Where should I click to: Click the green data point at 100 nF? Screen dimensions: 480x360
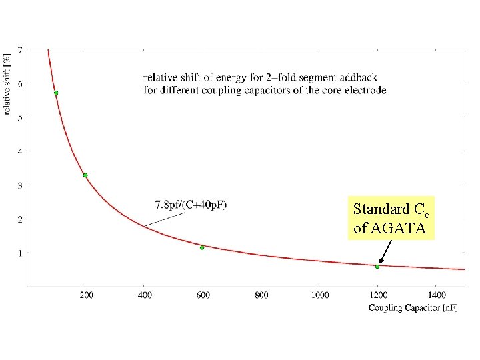(x=56, y=93)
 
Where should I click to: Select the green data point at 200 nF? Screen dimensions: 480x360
(x=85, y=175)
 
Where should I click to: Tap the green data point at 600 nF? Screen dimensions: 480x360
(x=202, y=247)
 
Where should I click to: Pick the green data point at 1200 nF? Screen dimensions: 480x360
(x=377, y=267)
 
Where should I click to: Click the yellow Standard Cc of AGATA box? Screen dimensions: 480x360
(x=391, y=217)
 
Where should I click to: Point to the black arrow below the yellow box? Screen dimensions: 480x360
(x=385, y=251)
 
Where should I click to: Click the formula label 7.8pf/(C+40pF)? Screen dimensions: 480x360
(x=191, y=205)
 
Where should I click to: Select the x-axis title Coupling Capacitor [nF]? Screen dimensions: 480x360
(x=413, y=307)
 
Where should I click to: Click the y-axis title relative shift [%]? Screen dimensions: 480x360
(x=7, y=84)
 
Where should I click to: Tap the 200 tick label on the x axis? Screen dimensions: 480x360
(x=87, y=295)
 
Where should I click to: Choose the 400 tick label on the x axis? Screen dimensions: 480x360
(x=145, y=295)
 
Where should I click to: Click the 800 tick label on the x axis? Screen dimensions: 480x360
(x=261, y=295)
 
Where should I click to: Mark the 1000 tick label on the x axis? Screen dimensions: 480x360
(x=320, y=295)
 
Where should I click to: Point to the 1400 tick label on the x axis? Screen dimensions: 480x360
(x=437, y=295)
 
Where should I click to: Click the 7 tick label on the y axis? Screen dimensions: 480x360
(x=20, y=50)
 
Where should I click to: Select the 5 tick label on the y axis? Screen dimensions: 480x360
(x=20, y=117)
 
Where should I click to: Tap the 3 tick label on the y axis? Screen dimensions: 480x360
(x=20, y=185)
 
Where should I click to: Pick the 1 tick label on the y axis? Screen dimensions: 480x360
(x=20, y=253)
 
